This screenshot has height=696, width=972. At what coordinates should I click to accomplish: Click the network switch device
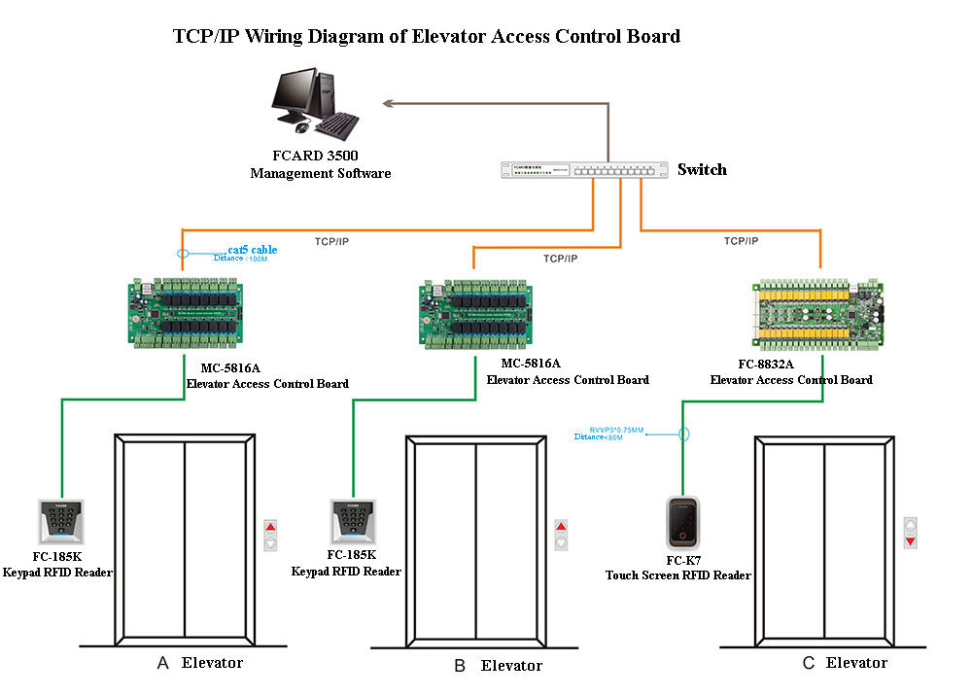584,170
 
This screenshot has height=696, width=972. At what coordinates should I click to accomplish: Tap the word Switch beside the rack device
702,169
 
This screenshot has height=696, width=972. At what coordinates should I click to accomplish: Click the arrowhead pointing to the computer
389,102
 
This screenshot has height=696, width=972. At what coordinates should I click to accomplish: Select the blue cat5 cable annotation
252,250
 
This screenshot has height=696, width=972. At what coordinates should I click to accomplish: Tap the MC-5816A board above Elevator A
186,312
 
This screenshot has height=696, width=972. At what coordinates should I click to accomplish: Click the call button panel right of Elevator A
270,537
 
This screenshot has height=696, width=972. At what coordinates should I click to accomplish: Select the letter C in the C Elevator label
809,664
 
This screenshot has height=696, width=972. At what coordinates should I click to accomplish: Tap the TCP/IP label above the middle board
561,259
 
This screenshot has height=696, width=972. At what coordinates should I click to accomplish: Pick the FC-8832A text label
765,365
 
